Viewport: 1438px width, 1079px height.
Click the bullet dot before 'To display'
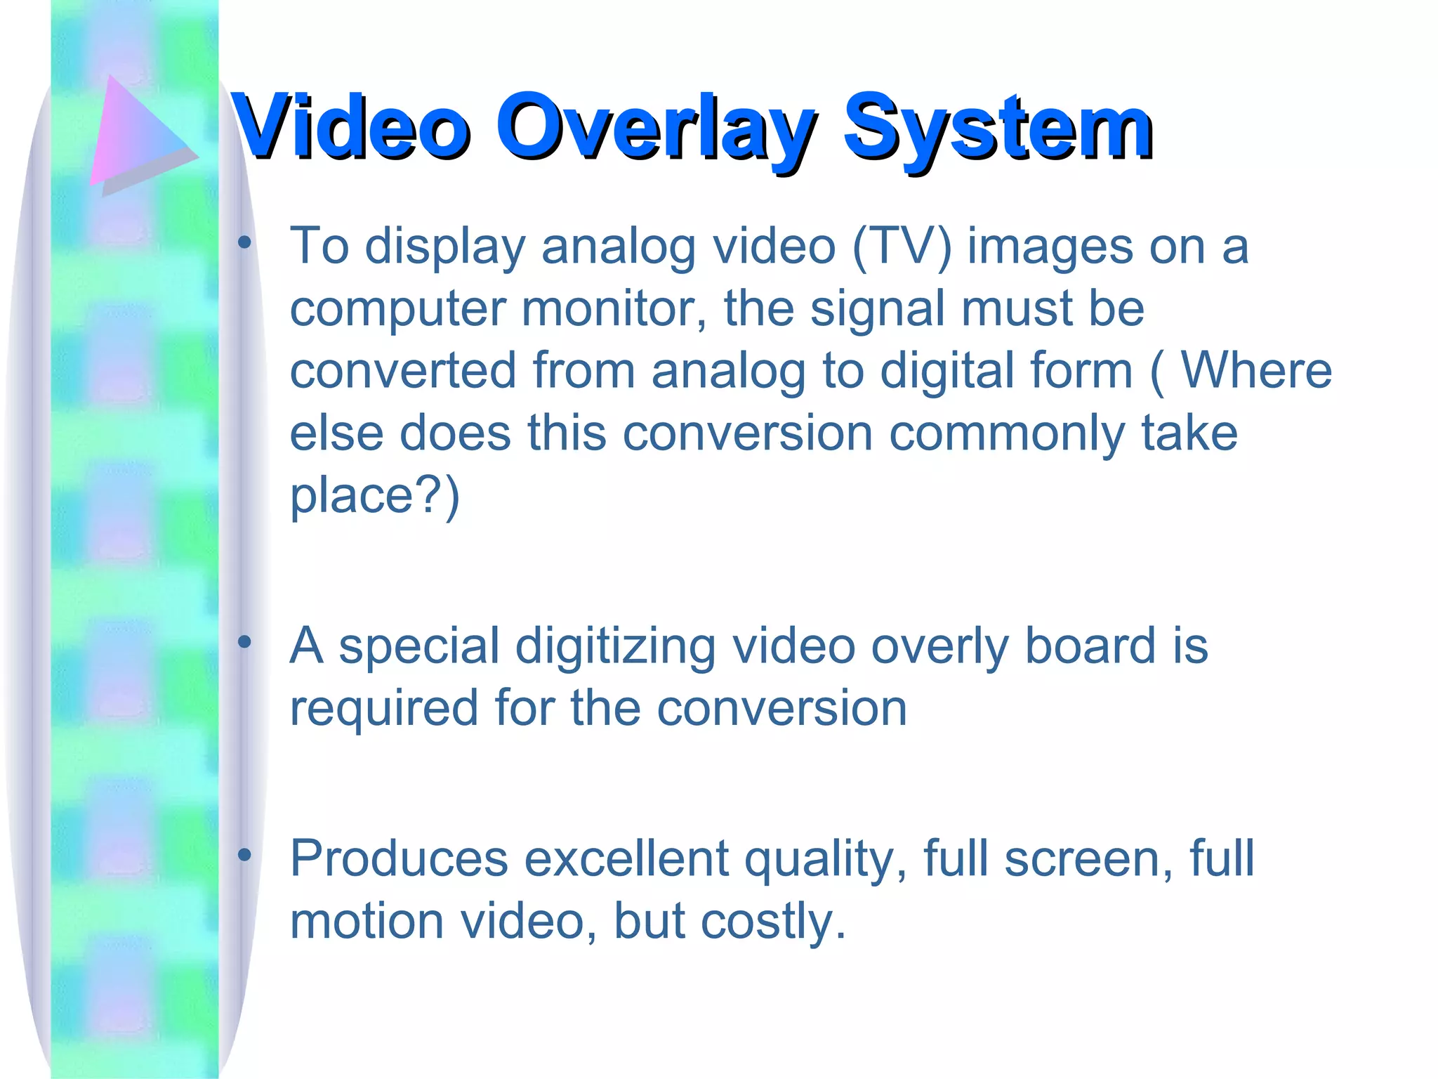(x=244, y=243)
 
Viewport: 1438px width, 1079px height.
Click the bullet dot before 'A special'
(x=244, y=642)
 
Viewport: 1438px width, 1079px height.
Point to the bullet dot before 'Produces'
(x=244, y=855)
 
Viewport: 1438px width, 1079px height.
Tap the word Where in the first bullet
(x=1256, y=370)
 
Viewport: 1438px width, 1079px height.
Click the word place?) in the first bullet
(x=374, y=495)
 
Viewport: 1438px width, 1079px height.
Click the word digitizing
(x=615, y=646)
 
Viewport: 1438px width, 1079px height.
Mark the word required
(x=383, y=708)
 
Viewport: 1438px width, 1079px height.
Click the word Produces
(x=399, y=858)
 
